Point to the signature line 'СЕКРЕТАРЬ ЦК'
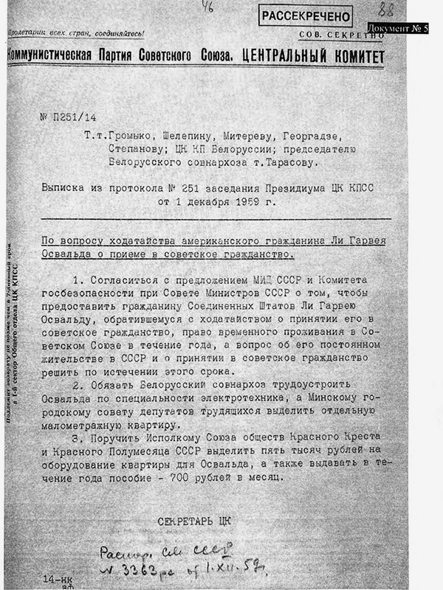click(x=194, y=521)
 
